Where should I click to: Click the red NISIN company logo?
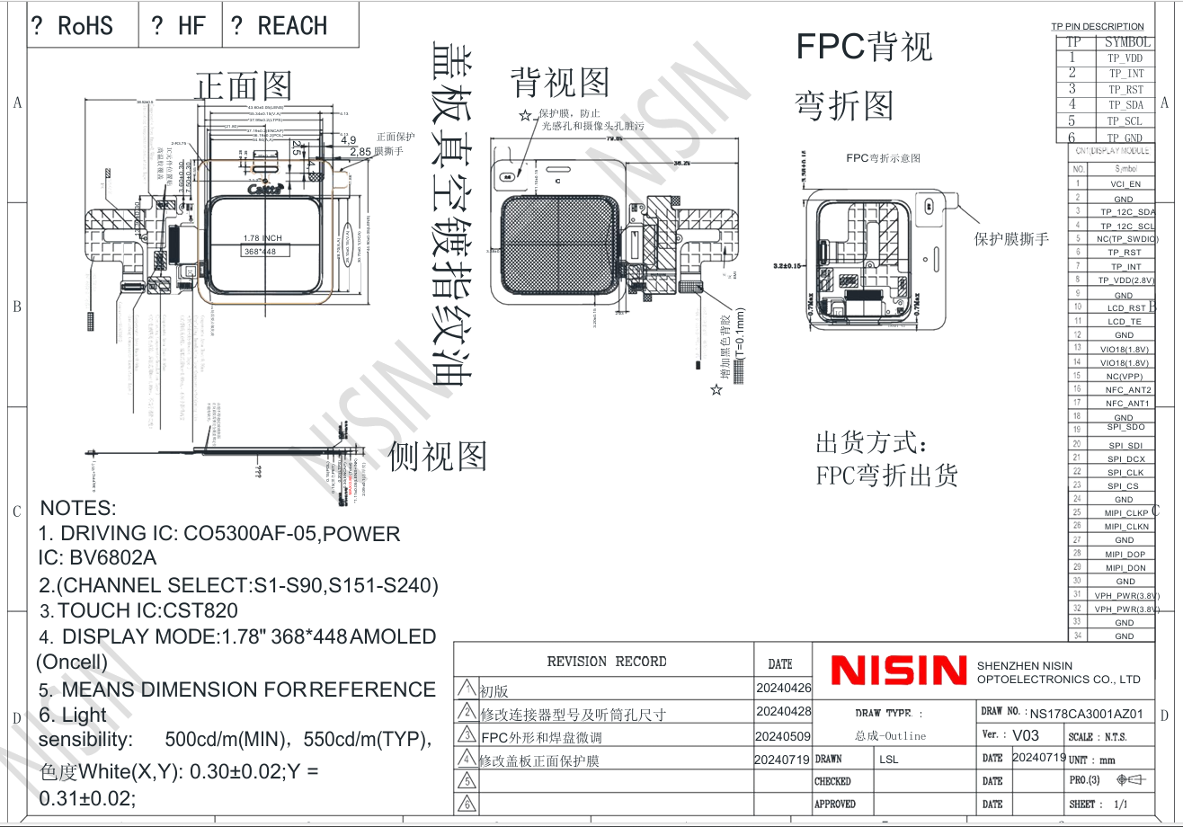point(898,671)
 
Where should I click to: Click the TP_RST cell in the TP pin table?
point(1125,89)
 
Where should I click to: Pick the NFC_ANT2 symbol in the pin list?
point(1127,390)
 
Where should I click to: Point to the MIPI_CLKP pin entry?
point(1125,513)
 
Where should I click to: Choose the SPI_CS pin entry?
point(1123,486)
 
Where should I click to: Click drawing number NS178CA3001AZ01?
point(1087,714)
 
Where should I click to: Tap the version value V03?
point(1025,735)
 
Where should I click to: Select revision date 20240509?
point(783,736)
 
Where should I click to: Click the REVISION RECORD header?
point(607,662)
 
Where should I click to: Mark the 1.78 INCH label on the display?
point(262,238)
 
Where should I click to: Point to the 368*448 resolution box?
point(260,252)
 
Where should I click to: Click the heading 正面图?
point(244,86)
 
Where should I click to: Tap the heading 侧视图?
point(437,456)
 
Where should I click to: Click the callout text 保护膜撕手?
point(1011,239)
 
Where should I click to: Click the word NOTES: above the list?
point(78,508)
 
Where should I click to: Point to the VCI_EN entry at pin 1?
point(1125,184)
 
